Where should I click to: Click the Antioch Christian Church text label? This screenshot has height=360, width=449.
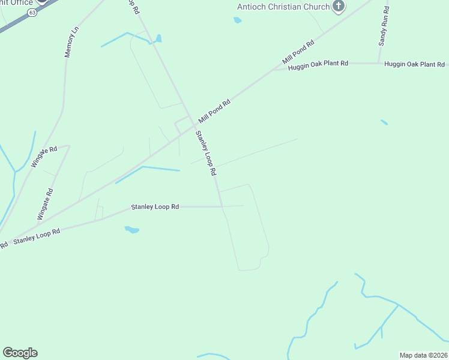[283, 7]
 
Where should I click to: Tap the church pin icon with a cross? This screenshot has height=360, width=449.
[339, 7]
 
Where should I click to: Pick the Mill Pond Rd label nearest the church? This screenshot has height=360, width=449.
[299, 53]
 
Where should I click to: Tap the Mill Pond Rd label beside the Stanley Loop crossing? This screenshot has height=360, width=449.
[215, 112]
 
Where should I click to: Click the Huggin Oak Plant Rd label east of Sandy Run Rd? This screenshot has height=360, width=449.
[414, 64]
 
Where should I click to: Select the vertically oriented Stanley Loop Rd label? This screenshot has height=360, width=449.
[205, 154]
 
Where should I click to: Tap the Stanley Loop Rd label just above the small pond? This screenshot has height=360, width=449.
[155, 207]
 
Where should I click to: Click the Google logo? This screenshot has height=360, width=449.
[20, 353]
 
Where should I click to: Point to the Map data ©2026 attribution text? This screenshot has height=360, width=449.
[423, 355]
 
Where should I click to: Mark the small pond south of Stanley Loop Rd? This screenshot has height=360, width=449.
[131, 230]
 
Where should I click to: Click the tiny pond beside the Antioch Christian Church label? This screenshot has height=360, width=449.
[237, 20]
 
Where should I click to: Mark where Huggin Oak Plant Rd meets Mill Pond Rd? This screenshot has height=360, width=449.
[275, 70]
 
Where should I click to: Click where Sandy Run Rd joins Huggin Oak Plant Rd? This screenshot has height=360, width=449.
[378, 63]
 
